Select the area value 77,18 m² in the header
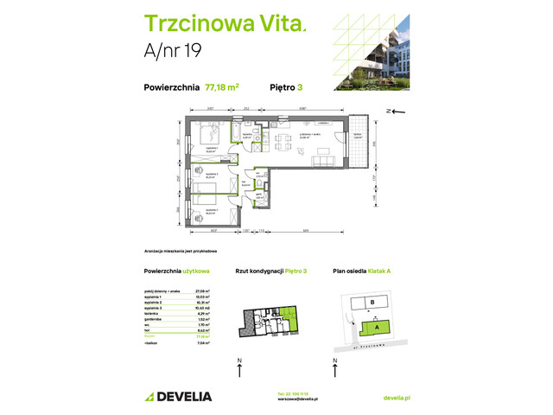222,86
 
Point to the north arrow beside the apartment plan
393,112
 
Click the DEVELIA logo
177,396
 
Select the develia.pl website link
395,397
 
